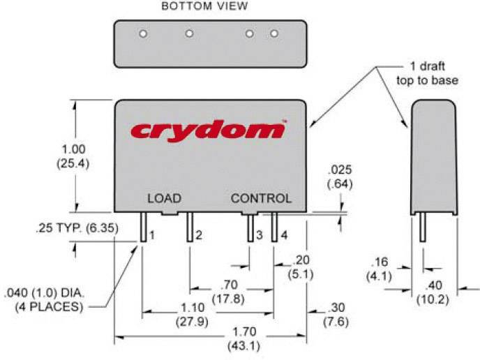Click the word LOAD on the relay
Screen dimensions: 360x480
[x=164, y=199]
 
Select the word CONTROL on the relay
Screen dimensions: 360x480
[x=262, y=199]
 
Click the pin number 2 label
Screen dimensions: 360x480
[x=199, y=236]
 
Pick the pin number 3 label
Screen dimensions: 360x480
[x=259, y=236]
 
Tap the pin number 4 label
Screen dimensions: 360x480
[x=284, y=236]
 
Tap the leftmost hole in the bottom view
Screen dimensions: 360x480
[x=143, y=33]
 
